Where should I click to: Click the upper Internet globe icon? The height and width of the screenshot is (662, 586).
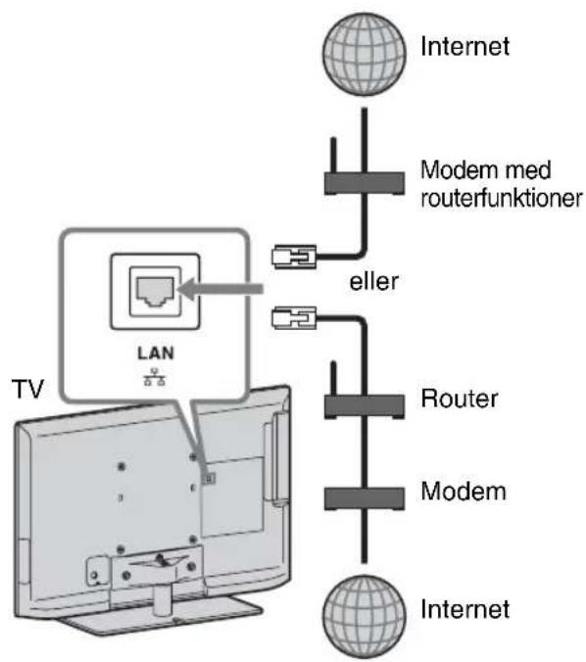point(364,54)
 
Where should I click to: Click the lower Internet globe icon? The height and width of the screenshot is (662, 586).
point(364,617)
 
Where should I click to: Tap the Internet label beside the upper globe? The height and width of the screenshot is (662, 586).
point(464,46)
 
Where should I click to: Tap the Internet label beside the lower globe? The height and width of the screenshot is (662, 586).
point(464,609)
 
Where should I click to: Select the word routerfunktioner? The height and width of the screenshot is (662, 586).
point(502,198)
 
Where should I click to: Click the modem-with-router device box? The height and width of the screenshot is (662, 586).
point(365,184)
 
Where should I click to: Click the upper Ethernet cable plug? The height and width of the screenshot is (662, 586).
point(294,257)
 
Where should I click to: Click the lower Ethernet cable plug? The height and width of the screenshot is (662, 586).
point(294,317)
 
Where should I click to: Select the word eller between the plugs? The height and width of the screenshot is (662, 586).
point(373,282)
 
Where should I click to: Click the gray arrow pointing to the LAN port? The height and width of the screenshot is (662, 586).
point(220,289)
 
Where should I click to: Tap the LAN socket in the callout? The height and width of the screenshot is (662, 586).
point(155,291)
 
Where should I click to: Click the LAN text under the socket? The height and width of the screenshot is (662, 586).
point(156,353)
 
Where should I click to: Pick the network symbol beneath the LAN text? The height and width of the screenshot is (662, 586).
point(154,377)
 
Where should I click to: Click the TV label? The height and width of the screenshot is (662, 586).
point(28,389)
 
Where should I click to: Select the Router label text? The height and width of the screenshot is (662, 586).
point(460,399)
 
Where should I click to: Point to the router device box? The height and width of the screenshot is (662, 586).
point(365,406)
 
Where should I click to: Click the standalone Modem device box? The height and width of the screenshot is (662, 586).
point(365,498)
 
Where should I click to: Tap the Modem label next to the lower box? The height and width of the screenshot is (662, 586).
point(464,491)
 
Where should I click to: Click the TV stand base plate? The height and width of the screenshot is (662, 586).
point(161,616)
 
